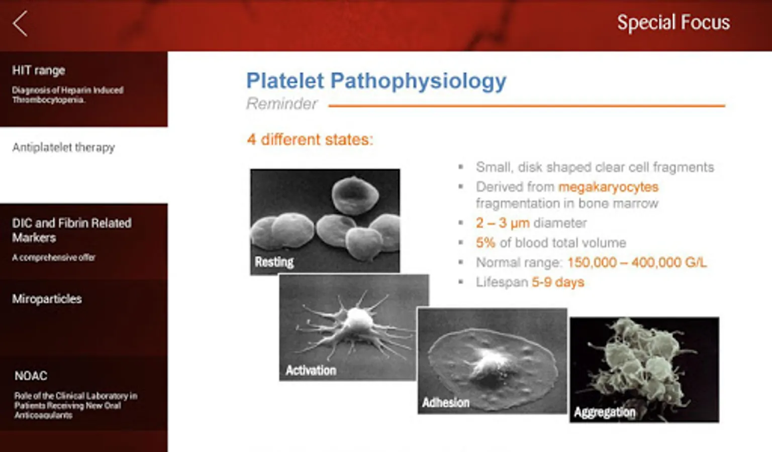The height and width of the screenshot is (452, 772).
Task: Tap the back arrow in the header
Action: coord(20,24)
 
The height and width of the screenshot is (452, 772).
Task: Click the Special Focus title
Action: coord(673,23)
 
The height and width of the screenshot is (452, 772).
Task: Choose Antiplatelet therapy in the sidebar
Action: coord(63,148)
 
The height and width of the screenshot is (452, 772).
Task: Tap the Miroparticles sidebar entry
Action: coord(47,299)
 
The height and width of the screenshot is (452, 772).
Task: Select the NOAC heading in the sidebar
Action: coord(31,376)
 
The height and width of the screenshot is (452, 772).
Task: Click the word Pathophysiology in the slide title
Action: coord(418,81)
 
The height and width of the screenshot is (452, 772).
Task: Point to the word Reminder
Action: coord(281,103)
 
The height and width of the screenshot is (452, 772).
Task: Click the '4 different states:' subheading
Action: coord(310,140)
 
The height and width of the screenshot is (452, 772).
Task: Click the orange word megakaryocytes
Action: coord(608,187)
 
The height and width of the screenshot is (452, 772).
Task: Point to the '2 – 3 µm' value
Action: coord(503,223)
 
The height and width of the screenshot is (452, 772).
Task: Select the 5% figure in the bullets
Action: coord(486,243)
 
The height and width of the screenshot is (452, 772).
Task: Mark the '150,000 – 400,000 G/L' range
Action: coord(637,263)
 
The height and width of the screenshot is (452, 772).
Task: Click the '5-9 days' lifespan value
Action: coord(558,282)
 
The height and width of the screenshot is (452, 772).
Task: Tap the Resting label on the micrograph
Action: coord(274,262)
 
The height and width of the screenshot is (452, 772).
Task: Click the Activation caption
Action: coord(311,370)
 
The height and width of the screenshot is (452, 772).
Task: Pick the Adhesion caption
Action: coord(446,402)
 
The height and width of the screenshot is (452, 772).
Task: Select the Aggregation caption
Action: coord(605,412)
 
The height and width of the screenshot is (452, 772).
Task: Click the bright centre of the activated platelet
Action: coord(358,320)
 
